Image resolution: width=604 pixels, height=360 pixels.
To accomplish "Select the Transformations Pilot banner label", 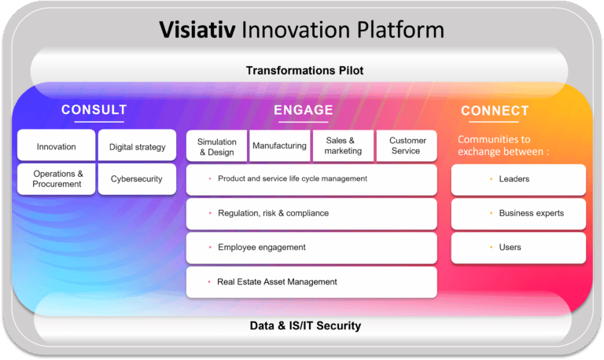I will (x=304, y=71).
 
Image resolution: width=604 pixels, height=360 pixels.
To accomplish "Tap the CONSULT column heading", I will (x=94, y=110).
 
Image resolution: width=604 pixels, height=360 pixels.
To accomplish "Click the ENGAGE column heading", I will (x=304, y=110).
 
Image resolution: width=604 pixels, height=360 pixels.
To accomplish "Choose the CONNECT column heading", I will (x=495, y=111).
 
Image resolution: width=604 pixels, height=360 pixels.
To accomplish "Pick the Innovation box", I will (x=57, y=146).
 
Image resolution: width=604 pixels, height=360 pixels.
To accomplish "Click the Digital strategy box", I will (x=138, y=146).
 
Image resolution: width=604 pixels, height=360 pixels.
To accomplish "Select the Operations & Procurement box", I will (x=57, y=178).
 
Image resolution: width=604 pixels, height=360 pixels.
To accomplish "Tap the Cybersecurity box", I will (x=137, y=178).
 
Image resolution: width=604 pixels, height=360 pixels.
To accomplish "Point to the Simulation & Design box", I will (x=216, y=146).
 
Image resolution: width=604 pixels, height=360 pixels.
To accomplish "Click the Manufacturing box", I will (x=279, y=146).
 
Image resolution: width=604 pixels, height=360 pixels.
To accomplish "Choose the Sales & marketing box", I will (x=343, y=146).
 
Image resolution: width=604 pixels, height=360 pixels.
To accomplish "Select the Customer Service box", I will (x=407, y=146).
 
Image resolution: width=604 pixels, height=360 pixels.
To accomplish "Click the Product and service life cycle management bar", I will (x=311, y=179).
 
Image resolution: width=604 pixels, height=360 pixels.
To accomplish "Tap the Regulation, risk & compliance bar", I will (x=311, y=213).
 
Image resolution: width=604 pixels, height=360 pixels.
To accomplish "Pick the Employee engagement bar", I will (x=311, y=248).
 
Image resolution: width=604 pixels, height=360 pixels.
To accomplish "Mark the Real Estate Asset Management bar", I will (x=311, y=282).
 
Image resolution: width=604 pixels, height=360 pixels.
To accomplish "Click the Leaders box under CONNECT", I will (x=518, y=179).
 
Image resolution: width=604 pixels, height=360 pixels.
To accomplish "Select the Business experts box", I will (x=518, y=213).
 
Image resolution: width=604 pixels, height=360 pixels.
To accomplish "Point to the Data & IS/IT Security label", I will (x=304, y=325).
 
